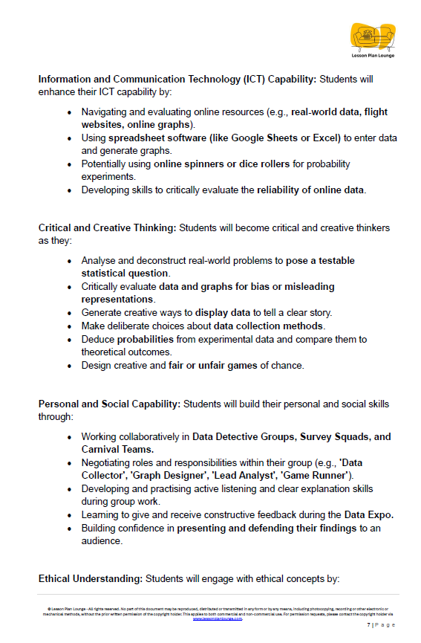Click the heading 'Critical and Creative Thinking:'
[x=107, y=227]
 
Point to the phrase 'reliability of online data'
[x=310, y=190]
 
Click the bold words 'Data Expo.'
[x=368, y=514]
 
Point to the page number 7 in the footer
[x=369, y=626]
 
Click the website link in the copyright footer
[x=218, y=618]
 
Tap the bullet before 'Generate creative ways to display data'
[x=70, y=313]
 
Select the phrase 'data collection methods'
[x=270, y=326]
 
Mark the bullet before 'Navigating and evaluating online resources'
[x=70, y=112]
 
